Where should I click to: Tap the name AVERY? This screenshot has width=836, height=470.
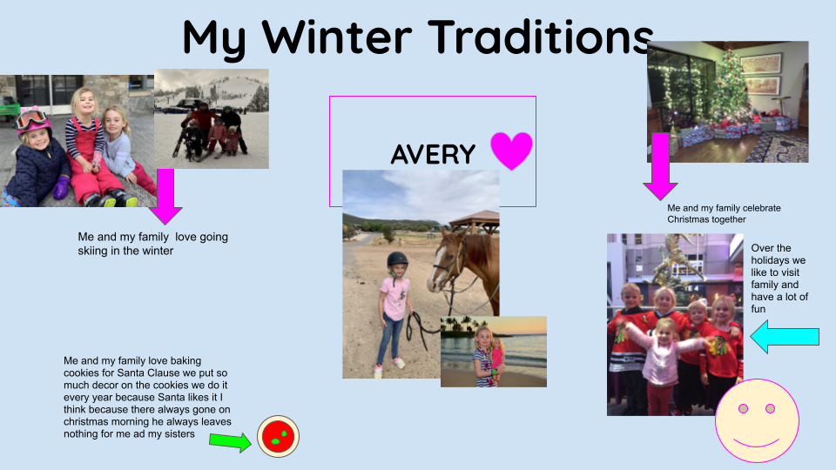433,155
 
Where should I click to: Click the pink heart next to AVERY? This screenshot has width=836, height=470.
511,151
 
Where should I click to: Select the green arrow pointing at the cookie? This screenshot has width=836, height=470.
230,442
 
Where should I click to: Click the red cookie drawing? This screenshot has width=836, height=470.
279,435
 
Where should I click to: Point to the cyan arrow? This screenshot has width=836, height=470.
785,336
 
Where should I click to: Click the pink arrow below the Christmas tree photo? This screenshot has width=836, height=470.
660,165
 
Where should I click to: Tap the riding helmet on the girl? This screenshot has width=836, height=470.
397,260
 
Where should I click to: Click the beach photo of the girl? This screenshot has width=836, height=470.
493,351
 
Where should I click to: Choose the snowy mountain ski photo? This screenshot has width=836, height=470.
212,118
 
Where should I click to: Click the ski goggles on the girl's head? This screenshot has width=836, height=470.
30,116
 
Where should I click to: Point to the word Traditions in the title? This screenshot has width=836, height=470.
541,37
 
